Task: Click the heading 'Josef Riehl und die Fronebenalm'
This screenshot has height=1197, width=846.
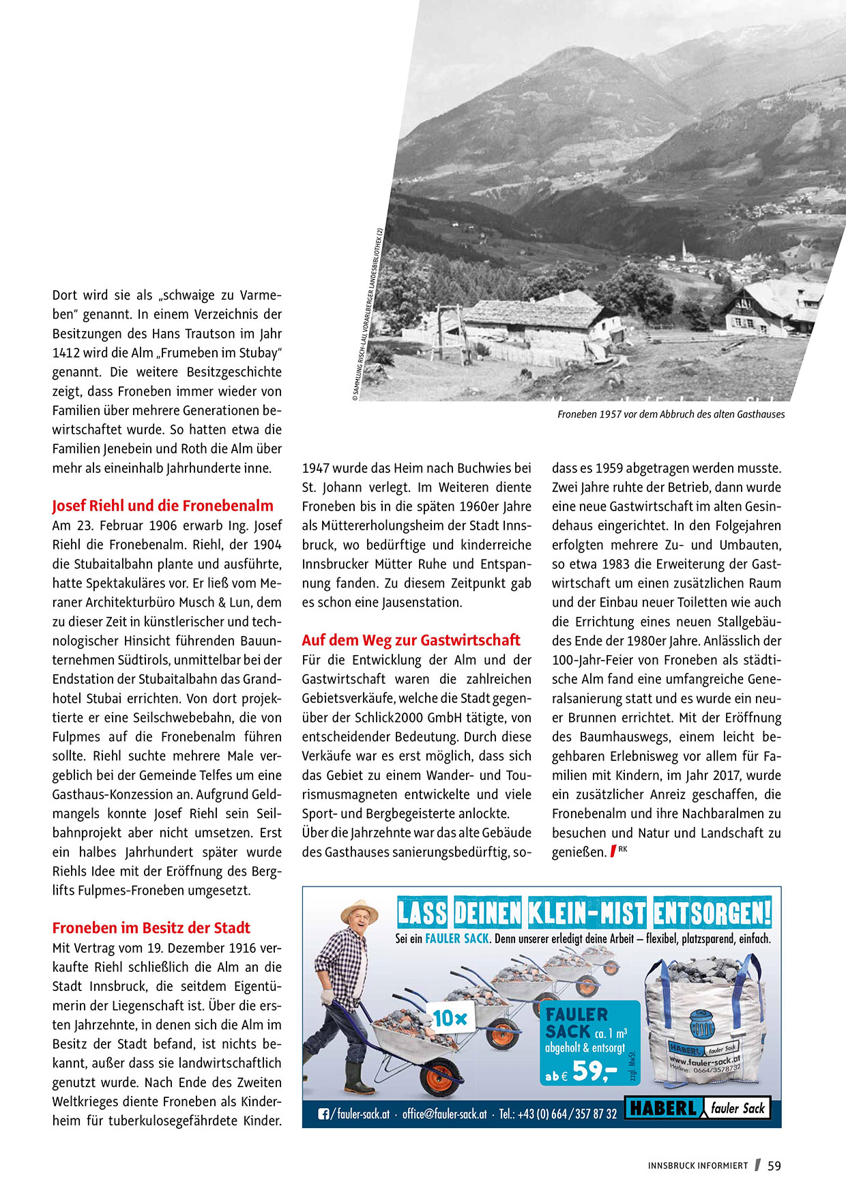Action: (162, 506)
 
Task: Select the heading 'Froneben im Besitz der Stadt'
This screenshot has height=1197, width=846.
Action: (151, 927)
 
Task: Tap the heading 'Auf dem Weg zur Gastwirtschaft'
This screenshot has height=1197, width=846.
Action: (411, 640)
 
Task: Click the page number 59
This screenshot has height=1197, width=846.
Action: (774, 1166)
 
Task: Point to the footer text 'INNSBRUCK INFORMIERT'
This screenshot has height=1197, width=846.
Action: (697, 1166)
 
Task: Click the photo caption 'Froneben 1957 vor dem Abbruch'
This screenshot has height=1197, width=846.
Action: (671, 414)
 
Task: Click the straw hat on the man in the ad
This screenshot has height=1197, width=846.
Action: (359, 910)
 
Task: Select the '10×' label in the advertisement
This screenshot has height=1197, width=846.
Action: (450, 1018)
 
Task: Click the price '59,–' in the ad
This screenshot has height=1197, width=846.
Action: (594, 1071)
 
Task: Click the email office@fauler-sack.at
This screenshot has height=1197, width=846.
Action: (444, 1114)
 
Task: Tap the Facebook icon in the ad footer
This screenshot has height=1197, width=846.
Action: (323, 1114)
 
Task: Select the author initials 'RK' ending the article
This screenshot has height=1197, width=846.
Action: (623, 849)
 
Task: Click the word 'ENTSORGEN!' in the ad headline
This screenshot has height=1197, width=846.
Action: (712, 913)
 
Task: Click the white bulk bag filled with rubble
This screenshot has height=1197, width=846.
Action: (703, 1024)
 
